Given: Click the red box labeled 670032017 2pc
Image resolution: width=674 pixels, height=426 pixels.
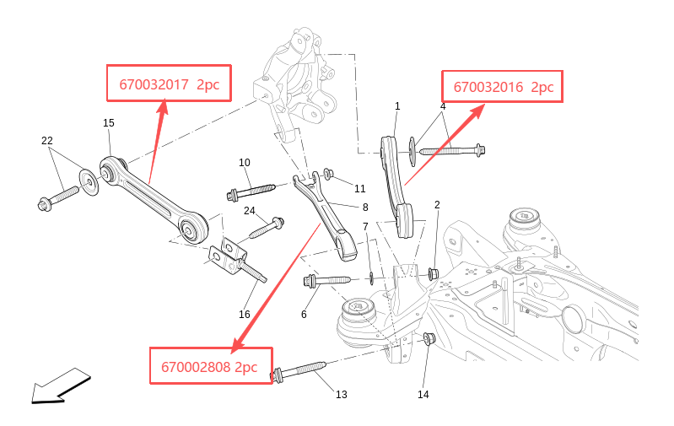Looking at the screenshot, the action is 169,83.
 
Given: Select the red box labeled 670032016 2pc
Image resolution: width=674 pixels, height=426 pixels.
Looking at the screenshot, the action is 503,86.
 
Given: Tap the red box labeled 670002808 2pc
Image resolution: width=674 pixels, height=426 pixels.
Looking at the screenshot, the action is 211,365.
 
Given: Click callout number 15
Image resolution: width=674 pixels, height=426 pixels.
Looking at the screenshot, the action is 109,123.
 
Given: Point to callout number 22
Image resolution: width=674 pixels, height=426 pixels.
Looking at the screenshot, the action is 47,141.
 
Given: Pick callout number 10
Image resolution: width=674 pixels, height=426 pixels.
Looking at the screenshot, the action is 244,163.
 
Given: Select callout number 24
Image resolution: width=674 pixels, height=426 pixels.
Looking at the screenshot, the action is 250,211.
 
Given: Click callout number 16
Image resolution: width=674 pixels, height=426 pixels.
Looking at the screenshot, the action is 244,315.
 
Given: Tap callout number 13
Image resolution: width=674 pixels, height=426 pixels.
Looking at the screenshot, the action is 342,394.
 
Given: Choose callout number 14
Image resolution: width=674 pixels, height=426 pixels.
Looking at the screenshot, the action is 423,394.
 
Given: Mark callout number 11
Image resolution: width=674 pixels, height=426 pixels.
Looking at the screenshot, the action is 360,188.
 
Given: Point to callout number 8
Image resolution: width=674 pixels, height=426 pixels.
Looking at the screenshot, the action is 365,208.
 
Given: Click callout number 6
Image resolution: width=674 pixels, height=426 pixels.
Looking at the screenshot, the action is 304,315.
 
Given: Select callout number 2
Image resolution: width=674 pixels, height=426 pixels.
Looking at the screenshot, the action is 437,205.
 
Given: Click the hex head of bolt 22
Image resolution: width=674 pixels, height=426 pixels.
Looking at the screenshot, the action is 45,204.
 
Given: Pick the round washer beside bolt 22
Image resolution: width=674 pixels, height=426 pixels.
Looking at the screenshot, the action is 89,182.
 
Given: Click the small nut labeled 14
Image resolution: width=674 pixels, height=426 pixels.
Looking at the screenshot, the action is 429,338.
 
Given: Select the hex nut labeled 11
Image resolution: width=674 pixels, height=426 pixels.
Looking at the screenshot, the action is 328,174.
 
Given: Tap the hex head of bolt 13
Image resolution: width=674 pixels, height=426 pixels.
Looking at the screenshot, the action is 277,375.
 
